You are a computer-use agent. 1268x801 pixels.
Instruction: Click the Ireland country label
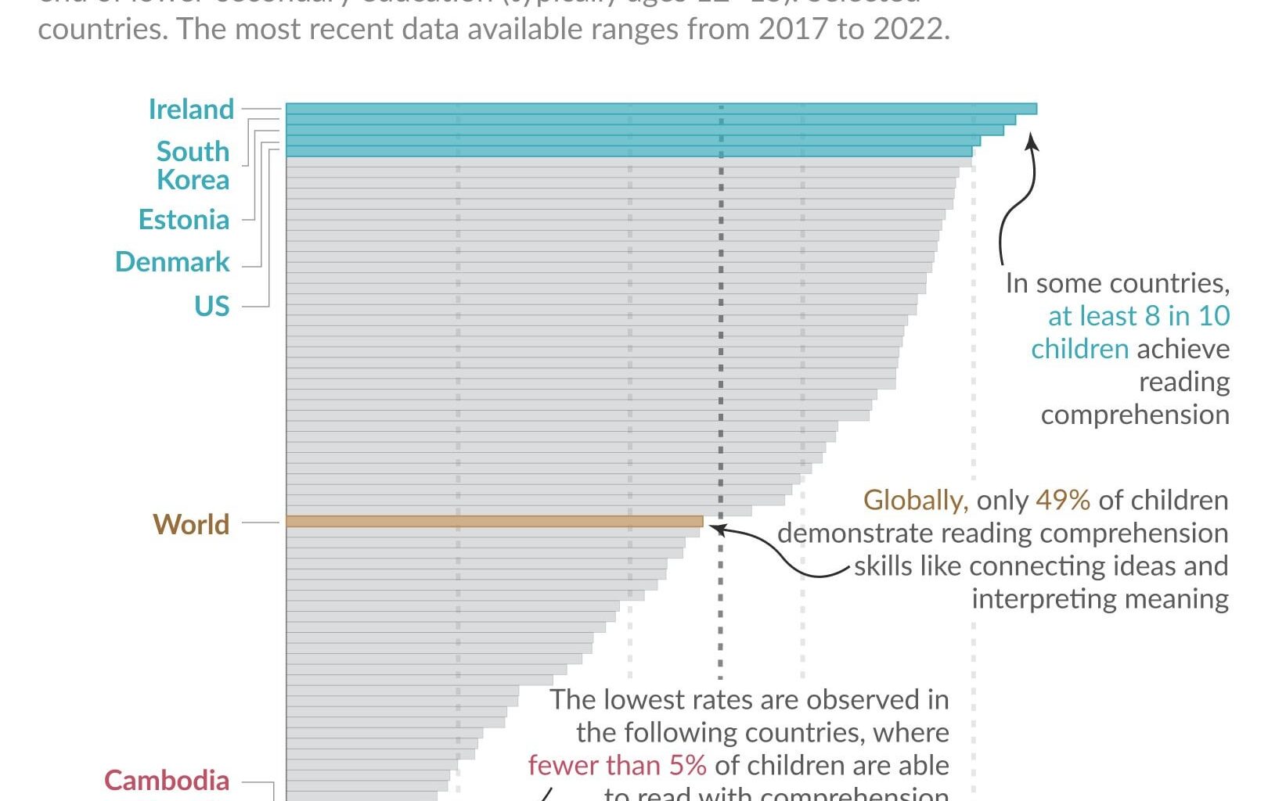(191, 110)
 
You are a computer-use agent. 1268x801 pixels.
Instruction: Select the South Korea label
(193, 165)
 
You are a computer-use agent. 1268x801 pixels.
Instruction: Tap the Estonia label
(184, 220)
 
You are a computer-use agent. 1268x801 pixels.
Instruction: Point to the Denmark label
(172, 262)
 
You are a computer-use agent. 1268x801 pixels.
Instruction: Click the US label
(212, 306)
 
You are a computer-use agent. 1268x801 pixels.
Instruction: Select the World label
(191, 524)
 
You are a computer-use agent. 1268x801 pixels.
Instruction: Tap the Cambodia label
(167, 780)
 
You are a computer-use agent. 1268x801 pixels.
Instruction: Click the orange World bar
(493, 521)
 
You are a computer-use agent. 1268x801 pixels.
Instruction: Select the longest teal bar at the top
(661, 109)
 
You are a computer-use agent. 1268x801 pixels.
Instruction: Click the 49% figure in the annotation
(1062, 500)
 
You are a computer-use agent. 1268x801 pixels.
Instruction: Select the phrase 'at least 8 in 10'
(1139, 316)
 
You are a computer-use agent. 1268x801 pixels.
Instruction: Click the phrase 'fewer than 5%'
(617, 765)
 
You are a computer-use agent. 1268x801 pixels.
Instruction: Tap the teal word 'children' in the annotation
(1079, 349)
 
